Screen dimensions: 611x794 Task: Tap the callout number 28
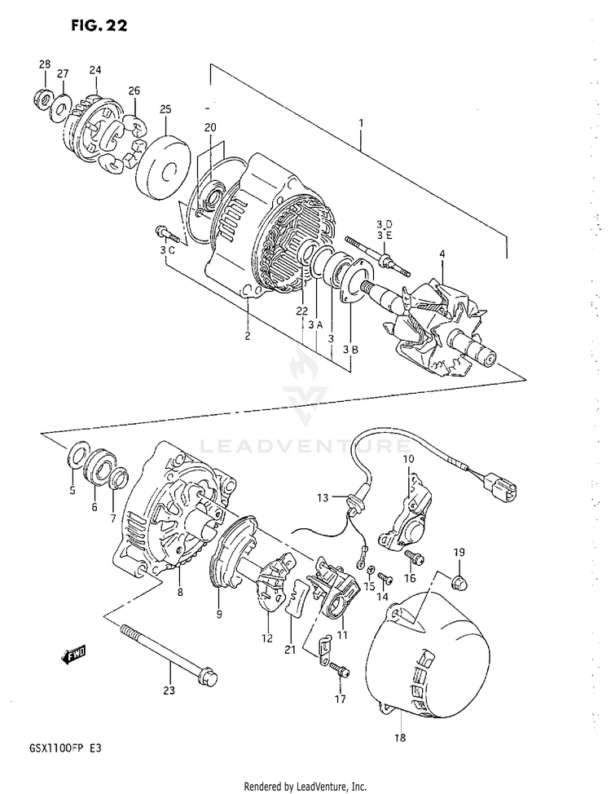coord(45,64)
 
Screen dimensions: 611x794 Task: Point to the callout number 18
coord(400,739)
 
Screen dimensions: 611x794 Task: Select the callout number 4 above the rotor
coord(442,254)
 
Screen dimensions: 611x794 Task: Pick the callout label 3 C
coord(168,249)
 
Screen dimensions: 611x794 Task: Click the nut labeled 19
coord(459,581)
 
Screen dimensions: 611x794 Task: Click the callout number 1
coord(361,123)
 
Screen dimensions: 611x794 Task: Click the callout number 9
coord(218,614)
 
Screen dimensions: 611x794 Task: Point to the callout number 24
coord(95,69)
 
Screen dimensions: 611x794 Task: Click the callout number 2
coord(248,335)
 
